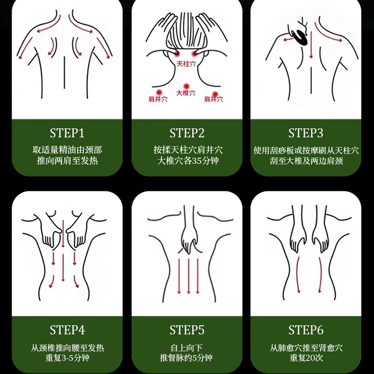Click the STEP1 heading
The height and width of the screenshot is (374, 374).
click(67, 133)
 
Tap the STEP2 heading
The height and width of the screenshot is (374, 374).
click(187, 133)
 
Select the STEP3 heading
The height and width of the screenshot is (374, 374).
click(306, 133)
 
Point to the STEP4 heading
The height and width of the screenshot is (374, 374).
click(67, 330)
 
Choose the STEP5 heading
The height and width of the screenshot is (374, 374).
click(187, 330)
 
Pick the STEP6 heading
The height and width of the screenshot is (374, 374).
click(306, 330)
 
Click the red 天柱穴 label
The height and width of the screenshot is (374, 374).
click(186, 64)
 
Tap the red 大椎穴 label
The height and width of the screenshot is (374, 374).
click(186, 93)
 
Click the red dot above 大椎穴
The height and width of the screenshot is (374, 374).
click(186, 86)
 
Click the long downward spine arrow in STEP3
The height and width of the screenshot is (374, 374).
click(311, 45)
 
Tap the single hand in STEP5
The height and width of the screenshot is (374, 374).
click(190, 238)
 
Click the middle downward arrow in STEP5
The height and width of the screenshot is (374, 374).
click(188, 276)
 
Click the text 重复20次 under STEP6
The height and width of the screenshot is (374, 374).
click(306, 358)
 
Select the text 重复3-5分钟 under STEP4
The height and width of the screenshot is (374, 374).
click(67, 358)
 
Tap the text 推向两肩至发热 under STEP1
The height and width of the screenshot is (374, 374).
click(67, 160)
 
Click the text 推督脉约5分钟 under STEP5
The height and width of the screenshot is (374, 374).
click(186, 358)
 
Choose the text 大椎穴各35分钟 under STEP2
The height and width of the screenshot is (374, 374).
click(188, 160)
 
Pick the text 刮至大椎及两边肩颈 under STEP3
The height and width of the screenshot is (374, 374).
click(307, 161)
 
